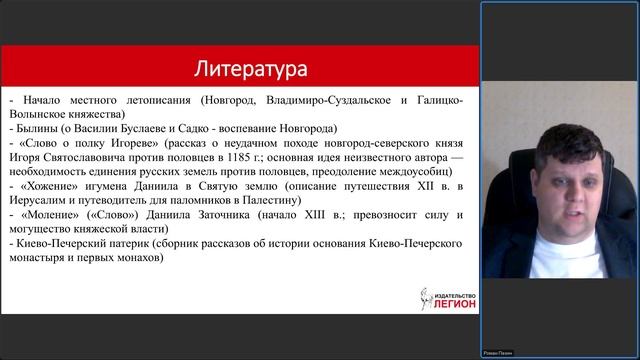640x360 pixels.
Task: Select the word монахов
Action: point(134,258)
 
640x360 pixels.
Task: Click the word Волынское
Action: point(40,115)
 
